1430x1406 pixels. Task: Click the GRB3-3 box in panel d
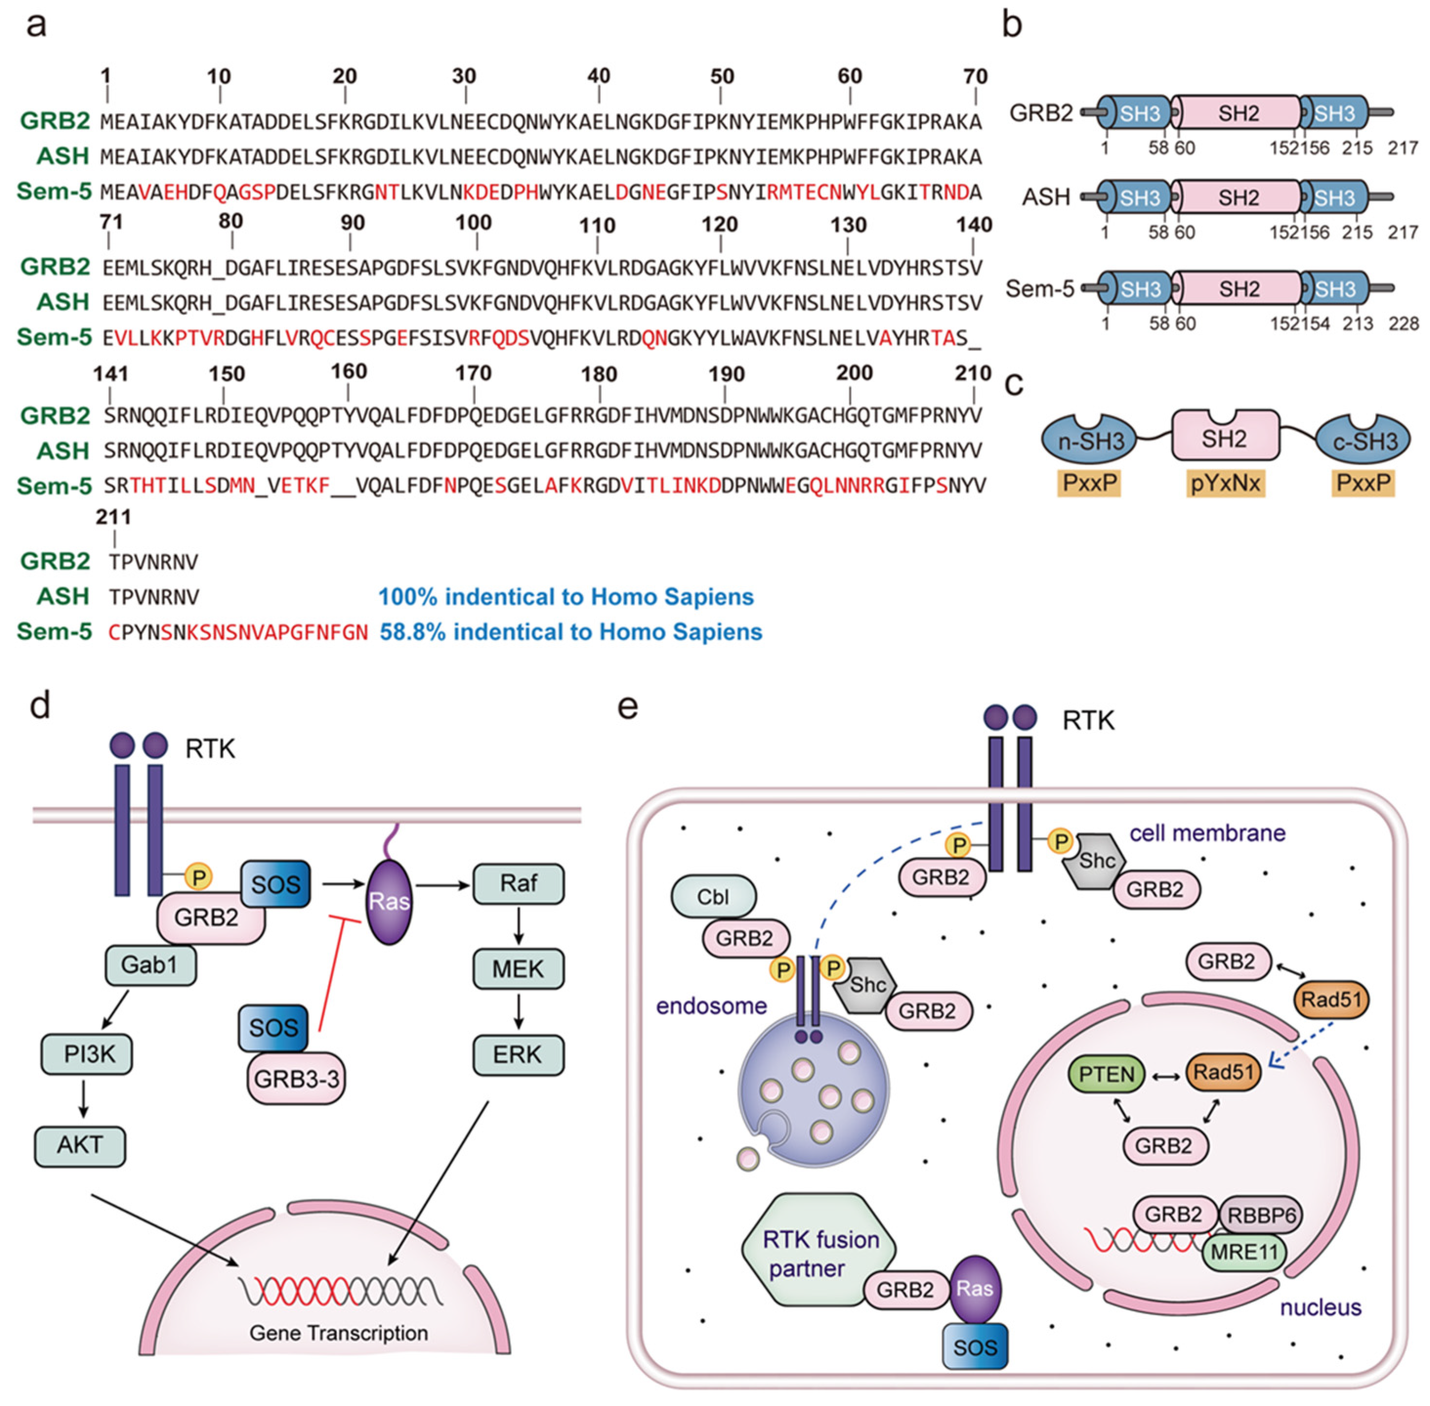point(296,1079)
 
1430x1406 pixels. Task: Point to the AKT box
point(80,1145)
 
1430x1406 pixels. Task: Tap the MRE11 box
point(1244,1252)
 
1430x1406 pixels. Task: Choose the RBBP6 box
point(1261,1214)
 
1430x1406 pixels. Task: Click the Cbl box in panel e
point(713,896)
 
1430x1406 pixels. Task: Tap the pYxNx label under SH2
point(1225,483)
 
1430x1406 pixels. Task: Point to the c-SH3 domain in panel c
point(1364,441)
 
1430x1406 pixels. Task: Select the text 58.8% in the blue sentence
point(411,632)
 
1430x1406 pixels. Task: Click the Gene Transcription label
point(338,1333)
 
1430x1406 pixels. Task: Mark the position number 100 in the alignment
point(473,222)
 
